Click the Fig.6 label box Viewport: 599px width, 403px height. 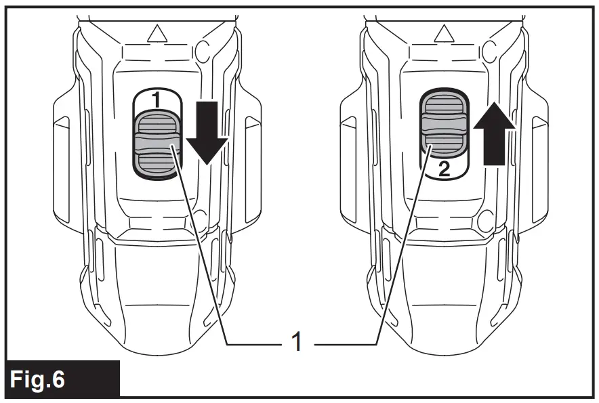click(x=61, y=379)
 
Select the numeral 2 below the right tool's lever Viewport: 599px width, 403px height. click(x=444, y=169)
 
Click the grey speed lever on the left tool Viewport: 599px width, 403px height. click(x=157, y=144)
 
